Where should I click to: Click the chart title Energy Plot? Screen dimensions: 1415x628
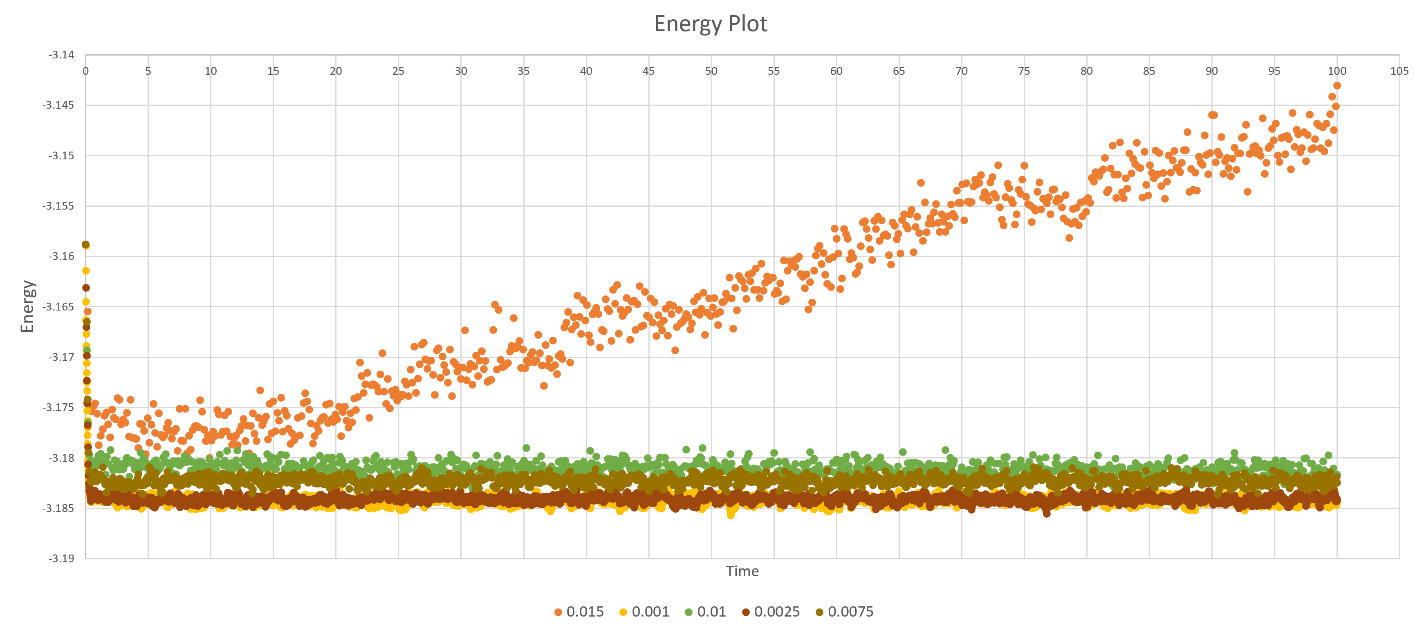coord(710,24)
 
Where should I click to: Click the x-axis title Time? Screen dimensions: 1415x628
coord(742,572)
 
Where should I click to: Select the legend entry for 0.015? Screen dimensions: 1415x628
coord(579,612)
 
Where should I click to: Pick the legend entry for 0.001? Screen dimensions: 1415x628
coord(644,612)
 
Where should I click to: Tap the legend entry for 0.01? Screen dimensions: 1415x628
coord(705,612)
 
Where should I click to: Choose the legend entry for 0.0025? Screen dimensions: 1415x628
coord(771,612)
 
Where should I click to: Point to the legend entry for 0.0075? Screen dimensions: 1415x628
coord(844,612)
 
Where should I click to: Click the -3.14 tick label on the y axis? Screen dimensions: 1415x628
coord(61,55)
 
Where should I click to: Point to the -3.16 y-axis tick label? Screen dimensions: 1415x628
coord(61,256)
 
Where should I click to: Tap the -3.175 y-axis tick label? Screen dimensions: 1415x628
coord(58,407)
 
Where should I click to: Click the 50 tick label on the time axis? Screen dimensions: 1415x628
coord(711,71)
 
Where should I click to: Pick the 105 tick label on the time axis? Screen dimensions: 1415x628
coord(1399,71)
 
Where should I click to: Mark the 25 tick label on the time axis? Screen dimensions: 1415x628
coord(398,71)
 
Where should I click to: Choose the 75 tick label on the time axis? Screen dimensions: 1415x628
coord(1024,71)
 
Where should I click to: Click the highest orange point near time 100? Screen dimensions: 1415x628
coord(1337,86)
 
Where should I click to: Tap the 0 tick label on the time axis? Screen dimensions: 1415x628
coord(86,71)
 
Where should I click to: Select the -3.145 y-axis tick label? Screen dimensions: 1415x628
coord(58,105)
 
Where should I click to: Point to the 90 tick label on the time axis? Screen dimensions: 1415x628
coord(1212,71)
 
